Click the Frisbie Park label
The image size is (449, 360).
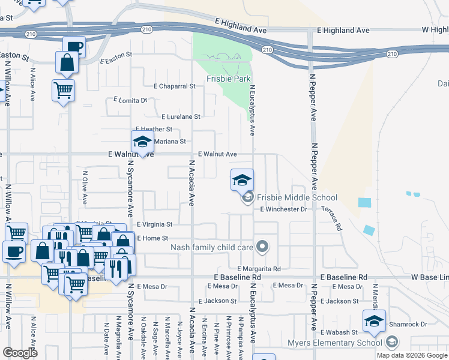click(x=229, y=79)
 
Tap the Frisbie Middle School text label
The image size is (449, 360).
click(x=297, y=197)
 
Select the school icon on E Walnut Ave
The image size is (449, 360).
click(x=142, y=142)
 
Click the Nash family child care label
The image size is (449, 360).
click(x=212, y=247)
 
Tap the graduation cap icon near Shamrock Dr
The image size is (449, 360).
click(x=374, y=320)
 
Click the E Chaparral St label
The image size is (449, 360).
click(x=175, y=86)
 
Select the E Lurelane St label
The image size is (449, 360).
click(x=181, y=116)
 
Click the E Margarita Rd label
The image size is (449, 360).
click(x=259, y=269)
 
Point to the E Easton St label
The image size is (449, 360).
click(x=116, y=57)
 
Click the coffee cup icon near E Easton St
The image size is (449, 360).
click(x=73, y=46)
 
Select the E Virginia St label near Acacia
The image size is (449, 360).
click(x=154, y=224)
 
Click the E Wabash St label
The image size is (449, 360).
click(x=339, y=332)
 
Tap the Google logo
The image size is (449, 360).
click(x=20, y=353)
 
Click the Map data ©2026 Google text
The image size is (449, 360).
click(x=412, y=355)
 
